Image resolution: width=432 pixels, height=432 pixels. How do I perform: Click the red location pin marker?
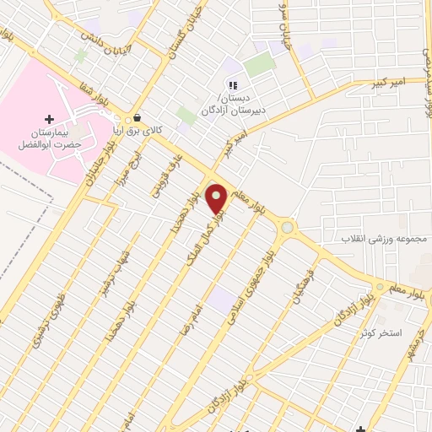[x=216, y=199]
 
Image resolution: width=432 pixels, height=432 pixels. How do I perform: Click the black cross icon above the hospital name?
[x=49, y=119]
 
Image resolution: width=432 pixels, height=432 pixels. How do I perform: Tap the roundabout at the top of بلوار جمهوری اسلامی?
[x=288, y=227]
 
